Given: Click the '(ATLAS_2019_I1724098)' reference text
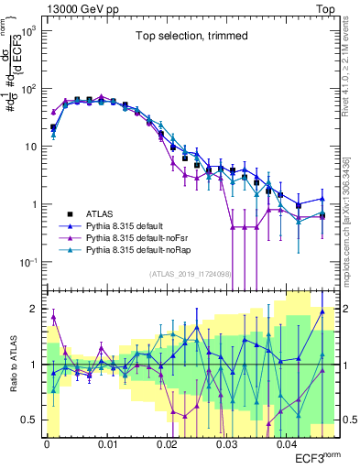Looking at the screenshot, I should pyautogui.click(x=189, y=273).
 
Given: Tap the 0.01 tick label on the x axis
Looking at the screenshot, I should pyautogui.click(x=106, y=442).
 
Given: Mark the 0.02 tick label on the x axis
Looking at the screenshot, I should pyautogui.click(x=167, y=442).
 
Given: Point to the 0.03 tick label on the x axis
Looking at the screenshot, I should pyautogui.click(x=227, y=442).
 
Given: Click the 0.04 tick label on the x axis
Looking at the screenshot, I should pyautogui.click(x=288, y=442).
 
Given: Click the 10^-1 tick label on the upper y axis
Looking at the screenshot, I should pyautogui.click(x=27, y=262).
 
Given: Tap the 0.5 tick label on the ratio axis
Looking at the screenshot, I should pyautogui.click(x=29, y=420).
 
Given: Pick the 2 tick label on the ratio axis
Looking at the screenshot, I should pyautogui.click(x=35, y=308).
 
